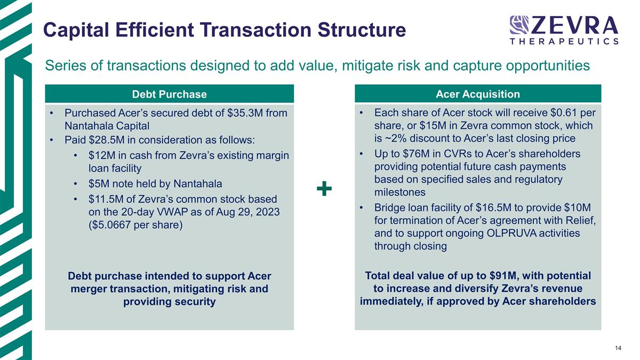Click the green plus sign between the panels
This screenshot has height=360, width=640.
click(324, 188)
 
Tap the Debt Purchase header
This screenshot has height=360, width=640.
click(169, 94)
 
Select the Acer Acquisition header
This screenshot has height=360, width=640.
click(478, 94)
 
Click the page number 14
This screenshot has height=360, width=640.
click(618, 348)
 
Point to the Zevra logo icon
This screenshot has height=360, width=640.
click(519, 25)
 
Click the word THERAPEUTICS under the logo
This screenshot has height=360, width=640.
click(564, 41)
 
